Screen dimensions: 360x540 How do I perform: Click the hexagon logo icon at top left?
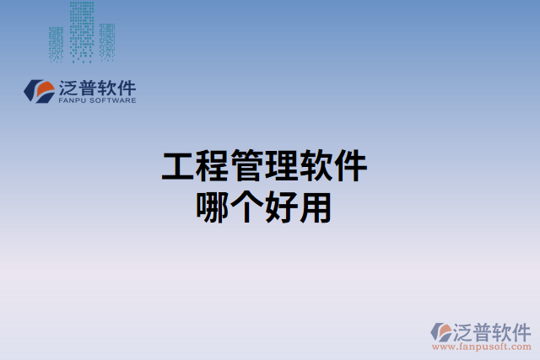[38, 91]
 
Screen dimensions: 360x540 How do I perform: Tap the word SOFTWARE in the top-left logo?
[111, 100]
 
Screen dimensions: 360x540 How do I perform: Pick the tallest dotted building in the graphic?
[81, 31]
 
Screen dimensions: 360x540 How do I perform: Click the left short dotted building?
[56, 44]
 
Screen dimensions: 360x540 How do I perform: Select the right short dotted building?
[106, 42]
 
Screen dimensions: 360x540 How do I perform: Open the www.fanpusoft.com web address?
[482, 347]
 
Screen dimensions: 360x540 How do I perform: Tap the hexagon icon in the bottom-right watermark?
[440, 331]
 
